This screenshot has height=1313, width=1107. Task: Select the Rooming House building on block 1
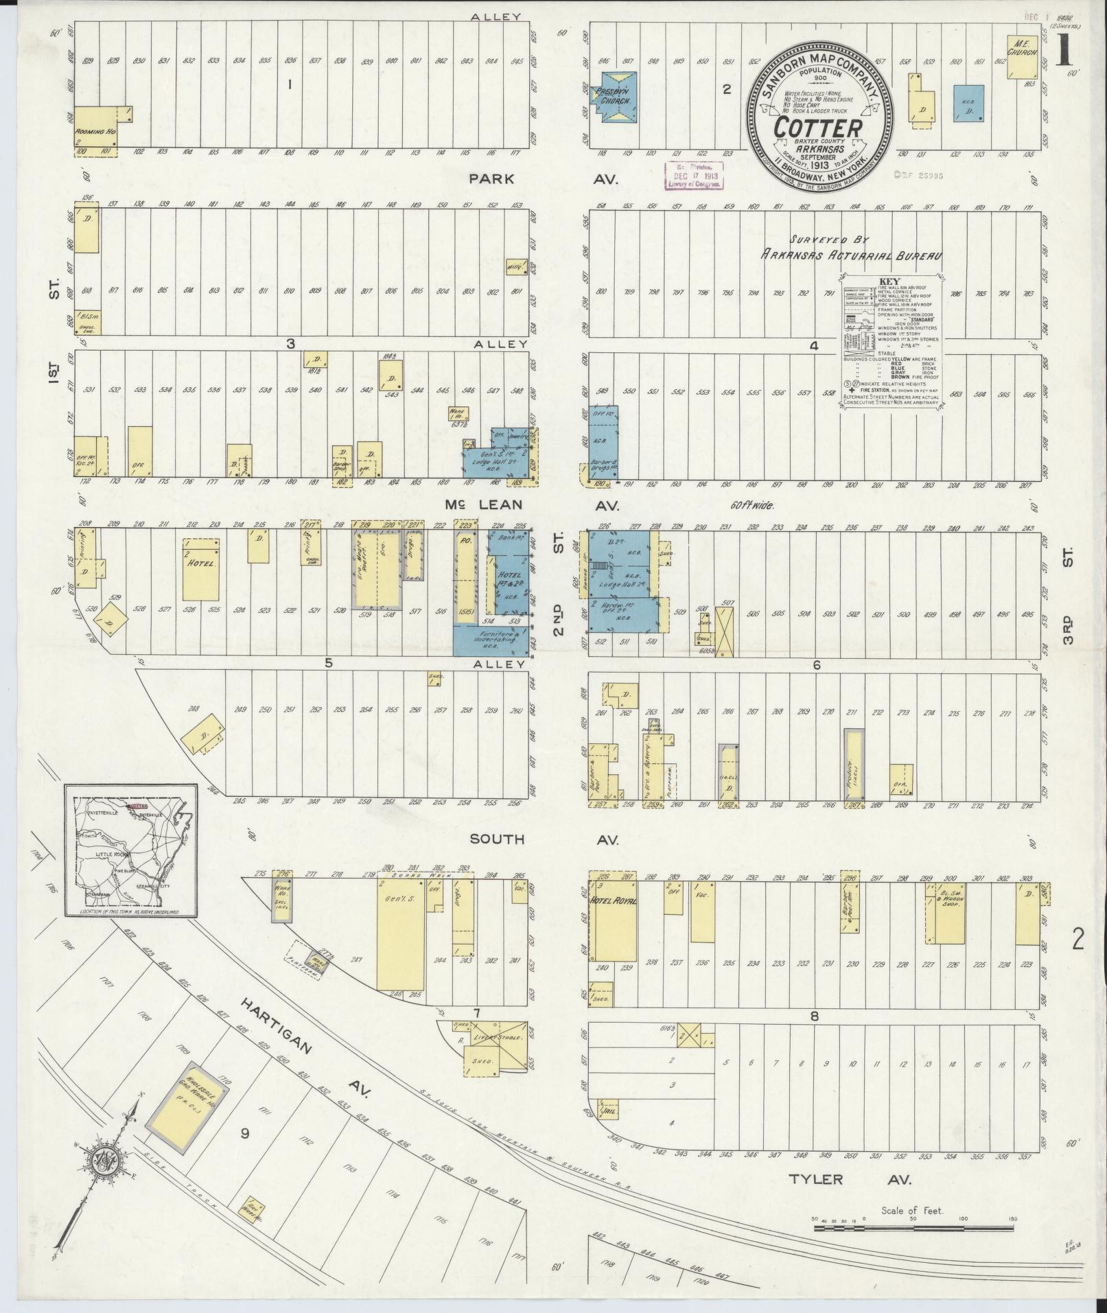(x=95, y=127)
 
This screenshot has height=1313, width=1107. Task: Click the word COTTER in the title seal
(x=818, y=128)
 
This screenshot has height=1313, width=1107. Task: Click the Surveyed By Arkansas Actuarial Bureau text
(x=850, y=248)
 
